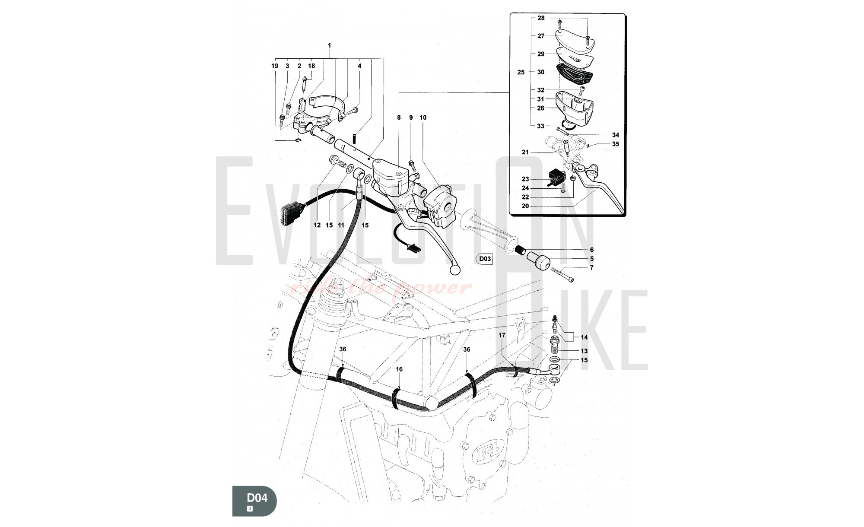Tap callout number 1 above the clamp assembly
(330, 45)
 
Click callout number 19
(275, 66)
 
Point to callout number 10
(423, 117)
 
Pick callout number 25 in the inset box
(521, 72)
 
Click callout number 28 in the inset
(541, 18)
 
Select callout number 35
(615, 144)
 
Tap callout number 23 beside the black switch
(525, 179)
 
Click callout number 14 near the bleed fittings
(584, 337)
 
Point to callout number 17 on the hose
(502, 335)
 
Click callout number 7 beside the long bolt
(591, 268)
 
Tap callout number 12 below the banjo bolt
(318, 225)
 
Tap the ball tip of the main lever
(454, 270)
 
